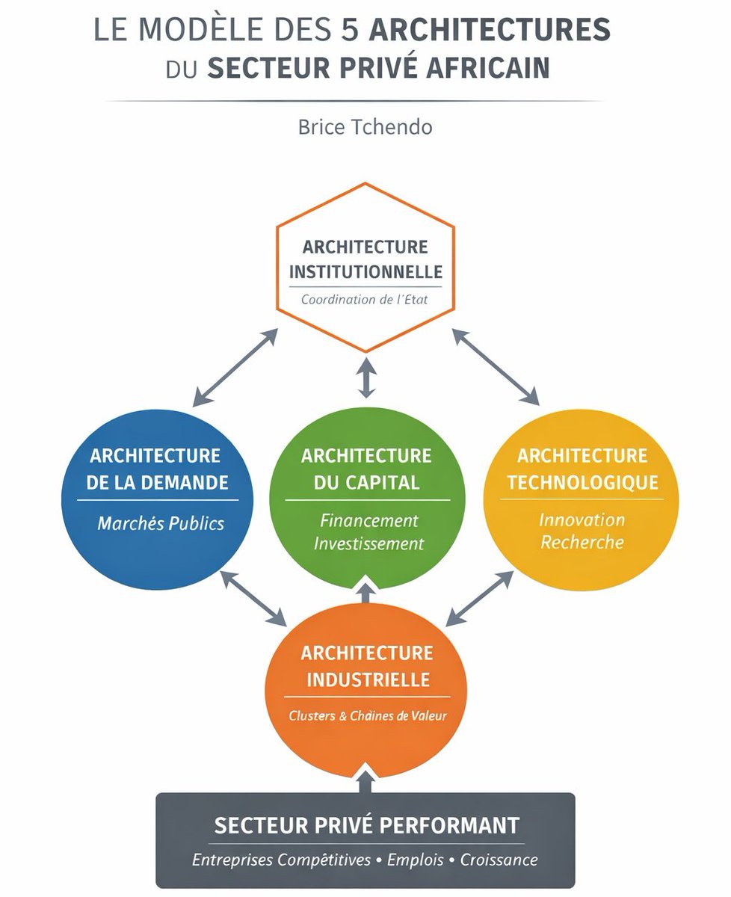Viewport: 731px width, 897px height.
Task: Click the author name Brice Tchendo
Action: [365, 126]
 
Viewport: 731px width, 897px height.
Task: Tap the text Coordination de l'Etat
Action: [365, 300]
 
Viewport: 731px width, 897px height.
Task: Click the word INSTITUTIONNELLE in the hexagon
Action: [365, 271]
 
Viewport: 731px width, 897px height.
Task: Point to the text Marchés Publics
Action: [161, 523]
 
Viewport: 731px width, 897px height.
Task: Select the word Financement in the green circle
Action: [369, 520]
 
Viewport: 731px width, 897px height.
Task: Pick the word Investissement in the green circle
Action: [368, 543]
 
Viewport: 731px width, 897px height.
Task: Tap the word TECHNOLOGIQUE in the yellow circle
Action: [583, 482]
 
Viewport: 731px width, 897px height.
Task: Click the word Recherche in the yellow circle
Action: [582, 542]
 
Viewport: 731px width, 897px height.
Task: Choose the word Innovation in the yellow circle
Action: [582, 520]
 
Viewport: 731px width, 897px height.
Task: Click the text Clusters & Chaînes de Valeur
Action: [367, 715]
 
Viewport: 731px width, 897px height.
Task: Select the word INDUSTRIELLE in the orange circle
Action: [366, 680]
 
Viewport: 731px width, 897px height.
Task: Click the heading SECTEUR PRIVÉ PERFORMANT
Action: [366, 825]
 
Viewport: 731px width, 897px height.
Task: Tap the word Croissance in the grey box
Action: [499, 860]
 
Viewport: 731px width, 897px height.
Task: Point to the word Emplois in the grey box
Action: [416, 860]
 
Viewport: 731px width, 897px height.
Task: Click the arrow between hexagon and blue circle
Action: [235, 367]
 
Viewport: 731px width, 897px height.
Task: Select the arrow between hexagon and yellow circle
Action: [496, 367]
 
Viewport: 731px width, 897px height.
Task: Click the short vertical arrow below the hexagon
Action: [365, 377]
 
